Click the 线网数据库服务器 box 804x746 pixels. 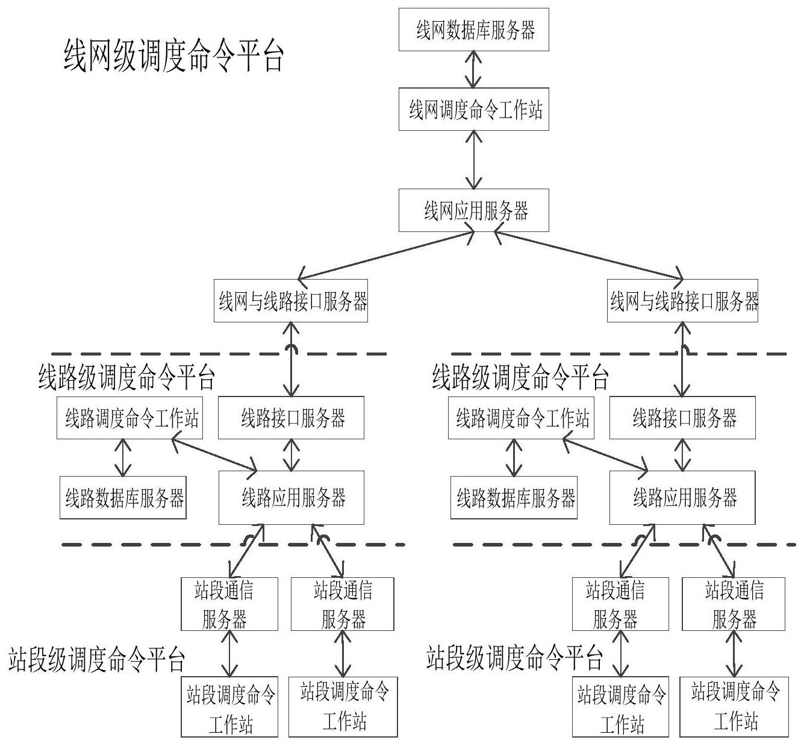473,30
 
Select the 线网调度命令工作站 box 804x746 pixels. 473,110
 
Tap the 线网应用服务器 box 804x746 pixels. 473,210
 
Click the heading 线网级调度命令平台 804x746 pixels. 173,57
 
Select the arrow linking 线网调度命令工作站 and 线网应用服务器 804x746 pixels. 475,160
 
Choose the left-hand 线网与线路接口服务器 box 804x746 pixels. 291,300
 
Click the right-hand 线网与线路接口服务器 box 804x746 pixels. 682,300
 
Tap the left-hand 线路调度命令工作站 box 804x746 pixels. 130,418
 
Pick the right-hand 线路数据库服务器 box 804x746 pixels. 514,498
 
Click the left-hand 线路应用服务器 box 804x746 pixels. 291,498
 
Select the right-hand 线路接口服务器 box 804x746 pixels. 682,418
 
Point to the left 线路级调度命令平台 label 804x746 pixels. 126,378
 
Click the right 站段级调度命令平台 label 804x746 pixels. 515,658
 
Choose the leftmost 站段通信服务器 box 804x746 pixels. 229,604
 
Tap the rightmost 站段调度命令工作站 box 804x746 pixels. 734,707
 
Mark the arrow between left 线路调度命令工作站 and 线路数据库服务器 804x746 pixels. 123,457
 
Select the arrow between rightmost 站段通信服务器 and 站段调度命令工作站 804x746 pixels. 734,654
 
